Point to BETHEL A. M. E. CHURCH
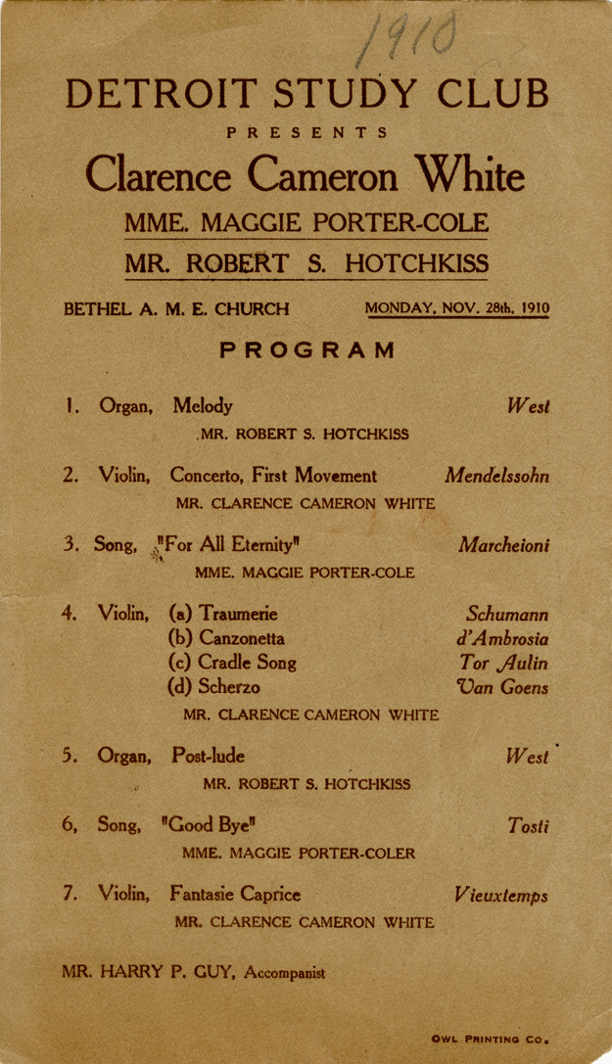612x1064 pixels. [176, 309]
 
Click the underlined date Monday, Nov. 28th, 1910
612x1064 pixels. [457, 308]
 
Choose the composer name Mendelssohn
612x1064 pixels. [496, 477]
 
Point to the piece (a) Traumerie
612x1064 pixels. [223, 615]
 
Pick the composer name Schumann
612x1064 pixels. [506, 615]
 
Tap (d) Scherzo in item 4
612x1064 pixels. [214, 687]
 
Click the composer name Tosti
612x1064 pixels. [529, 826]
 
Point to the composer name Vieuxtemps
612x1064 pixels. [500, 895]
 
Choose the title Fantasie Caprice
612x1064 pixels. [235, 894]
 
